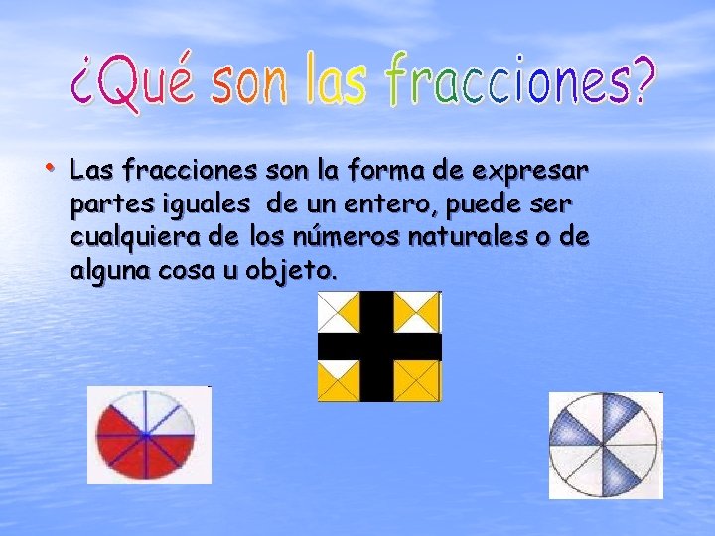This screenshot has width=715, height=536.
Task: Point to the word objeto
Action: (294, 271)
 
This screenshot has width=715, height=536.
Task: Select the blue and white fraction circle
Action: (605, 445)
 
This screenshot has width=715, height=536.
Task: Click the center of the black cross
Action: (378, 345)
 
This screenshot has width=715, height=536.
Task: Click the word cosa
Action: (190, 270)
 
